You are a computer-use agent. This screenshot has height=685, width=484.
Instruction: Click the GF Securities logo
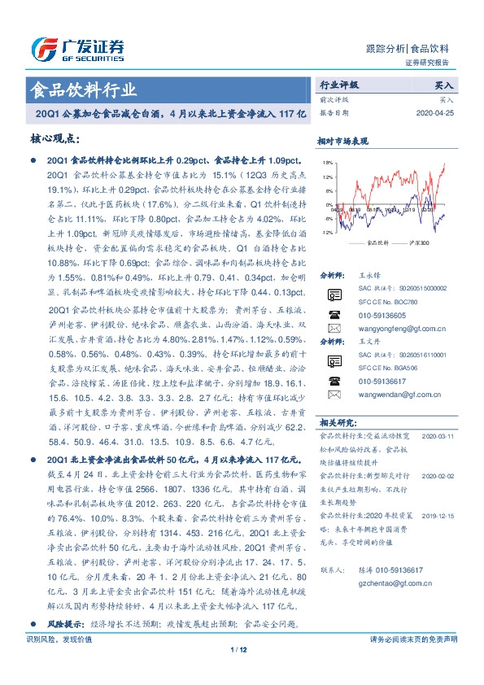pos(77,48)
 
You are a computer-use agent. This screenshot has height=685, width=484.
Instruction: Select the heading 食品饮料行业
pos(83,89)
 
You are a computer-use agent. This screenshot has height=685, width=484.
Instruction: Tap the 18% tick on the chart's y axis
pos(327,163)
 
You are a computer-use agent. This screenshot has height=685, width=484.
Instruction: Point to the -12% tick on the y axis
pos(326,233)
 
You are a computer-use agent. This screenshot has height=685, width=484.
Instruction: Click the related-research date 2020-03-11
pos(443,437)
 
